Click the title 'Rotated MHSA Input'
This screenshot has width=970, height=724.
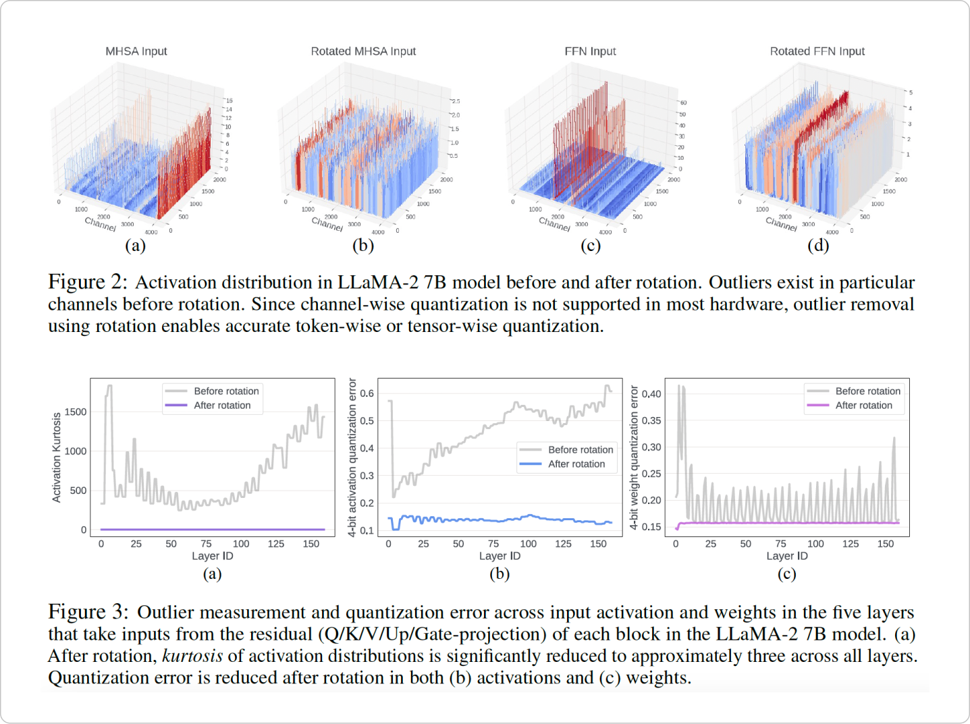coord(363,51)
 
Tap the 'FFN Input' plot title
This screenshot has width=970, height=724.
coord(590,51)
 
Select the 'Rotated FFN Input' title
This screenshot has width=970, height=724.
coord(817,51)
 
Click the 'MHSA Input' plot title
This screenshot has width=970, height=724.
coord(136,51)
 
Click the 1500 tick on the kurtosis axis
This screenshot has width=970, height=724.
coord(76,412)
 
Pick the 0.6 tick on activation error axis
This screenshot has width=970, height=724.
coord(367,393)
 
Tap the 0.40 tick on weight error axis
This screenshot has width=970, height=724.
coord(651,394)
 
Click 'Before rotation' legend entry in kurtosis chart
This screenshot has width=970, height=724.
coord(226,391)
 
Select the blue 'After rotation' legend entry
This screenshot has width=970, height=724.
coord(576,464)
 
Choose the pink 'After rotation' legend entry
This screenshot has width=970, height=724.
coord(863,406)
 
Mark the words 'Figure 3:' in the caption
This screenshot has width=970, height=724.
coord(88,612)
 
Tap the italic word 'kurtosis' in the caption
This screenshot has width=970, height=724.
coord(192,656)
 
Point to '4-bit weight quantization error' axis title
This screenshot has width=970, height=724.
coord(634,457)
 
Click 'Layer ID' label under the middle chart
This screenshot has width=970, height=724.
coord(500,556)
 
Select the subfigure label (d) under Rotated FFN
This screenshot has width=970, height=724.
coord(818,246)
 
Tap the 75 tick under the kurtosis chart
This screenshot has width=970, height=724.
coord(206,544)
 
